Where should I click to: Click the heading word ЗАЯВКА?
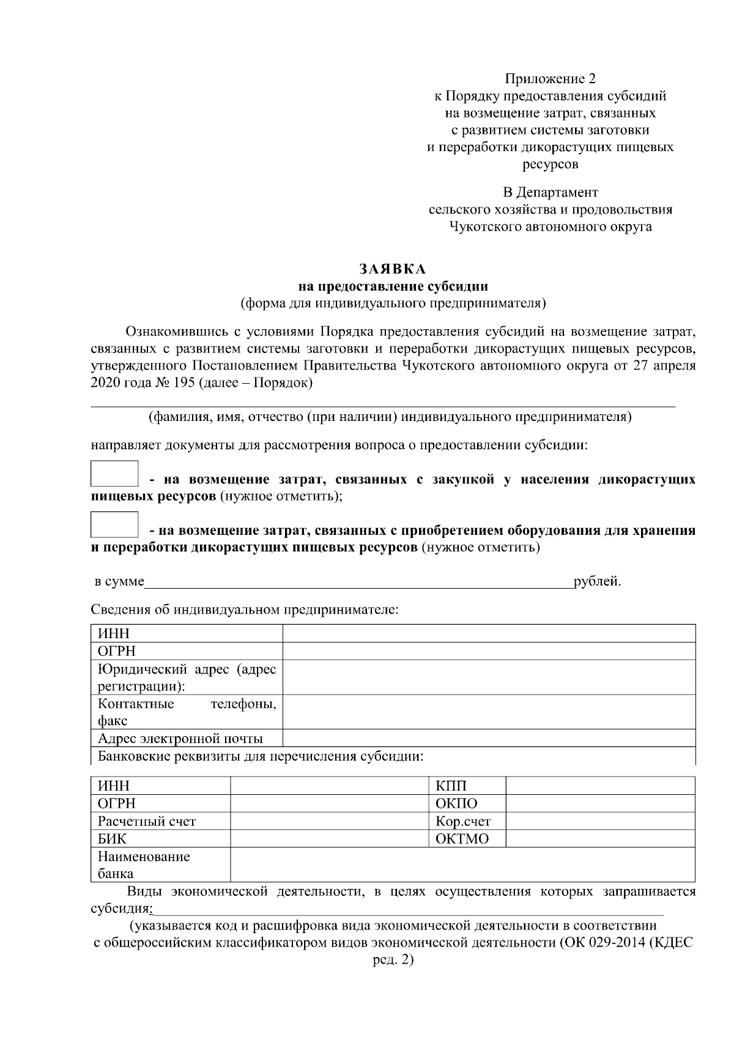point(392,269)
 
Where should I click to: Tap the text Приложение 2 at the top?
point(549,79)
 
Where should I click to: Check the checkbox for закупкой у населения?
point(114,474)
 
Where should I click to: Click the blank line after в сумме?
point(358,582)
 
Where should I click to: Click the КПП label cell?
point(451,786)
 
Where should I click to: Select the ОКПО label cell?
point(456,803)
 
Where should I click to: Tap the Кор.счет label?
point(462,821)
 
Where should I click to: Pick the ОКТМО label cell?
point(462,839)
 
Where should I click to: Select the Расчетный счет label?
point(147,821)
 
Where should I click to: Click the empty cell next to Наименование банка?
point(462,865)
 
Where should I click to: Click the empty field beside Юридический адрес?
point(489,677)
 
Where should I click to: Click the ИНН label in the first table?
point(114,634)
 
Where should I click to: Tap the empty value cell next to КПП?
point(600,786)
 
